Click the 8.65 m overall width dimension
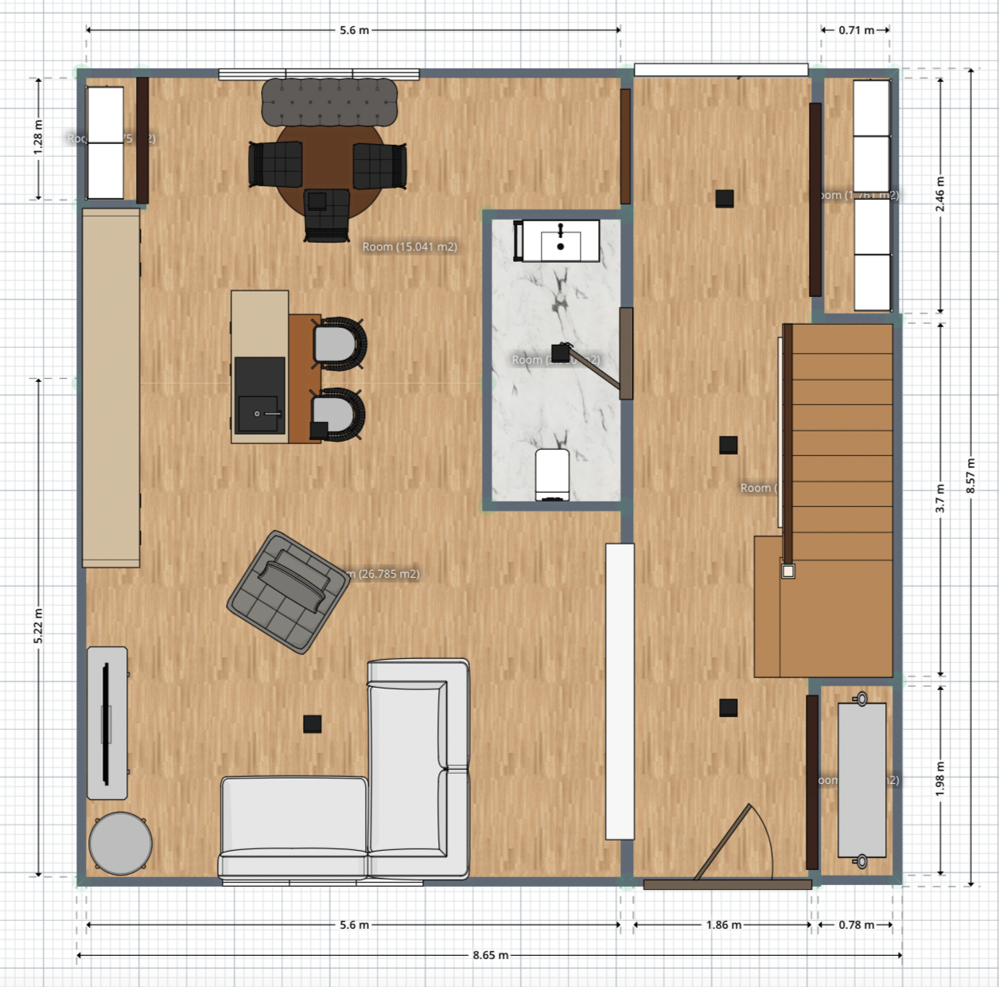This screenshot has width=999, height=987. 490,955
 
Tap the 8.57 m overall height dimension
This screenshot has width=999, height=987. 970,476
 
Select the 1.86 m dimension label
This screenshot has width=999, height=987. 723,925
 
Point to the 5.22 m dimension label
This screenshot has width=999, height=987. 38,626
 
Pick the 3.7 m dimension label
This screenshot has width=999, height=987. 940,498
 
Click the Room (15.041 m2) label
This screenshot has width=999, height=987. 410,247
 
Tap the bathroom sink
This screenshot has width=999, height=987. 560,240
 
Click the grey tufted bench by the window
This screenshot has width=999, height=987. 329,101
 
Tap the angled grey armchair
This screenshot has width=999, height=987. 288,591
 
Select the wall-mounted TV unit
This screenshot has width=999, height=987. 107,722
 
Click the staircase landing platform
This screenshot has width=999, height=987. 823,618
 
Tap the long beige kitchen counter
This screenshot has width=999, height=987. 111,388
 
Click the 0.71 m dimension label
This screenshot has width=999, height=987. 856,30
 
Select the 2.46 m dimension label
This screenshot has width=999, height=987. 940,194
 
